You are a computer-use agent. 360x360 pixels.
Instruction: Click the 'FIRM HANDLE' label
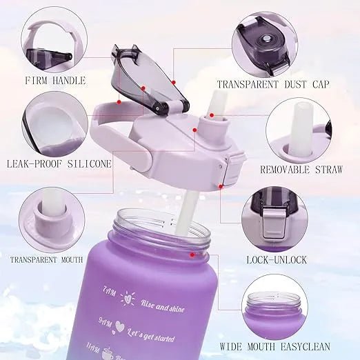54,81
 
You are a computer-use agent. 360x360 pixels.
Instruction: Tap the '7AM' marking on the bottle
109,292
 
